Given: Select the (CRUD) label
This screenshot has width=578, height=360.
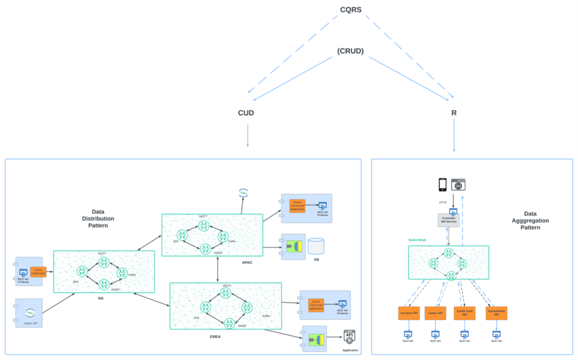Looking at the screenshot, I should click(x=350, y=51).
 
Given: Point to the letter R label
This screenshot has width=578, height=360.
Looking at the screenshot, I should click(x=454, y=112).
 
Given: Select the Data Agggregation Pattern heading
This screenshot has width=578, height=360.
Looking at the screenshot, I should click(x=530, y=220).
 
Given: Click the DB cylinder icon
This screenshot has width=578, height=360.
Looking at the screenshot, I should click(x=316, y=246).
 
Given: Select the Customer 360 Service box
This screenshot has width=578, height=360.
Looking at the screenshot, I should click(x=449, y=220).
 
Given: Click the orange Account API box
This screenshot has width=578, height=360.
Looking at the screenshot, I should click(x=408, y=313).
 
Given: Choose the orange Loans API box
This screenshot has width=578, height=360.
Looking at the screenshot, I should click(x=435, y=313).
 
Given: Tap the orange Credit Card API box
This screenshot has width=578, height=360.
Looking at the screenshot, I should click(x=464, y=313).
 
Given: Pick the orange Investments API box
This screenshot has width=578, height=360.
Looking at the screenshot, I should click(x=496, y=313).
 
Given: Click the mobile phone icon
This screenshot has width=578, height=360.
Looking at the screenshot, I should click(x=442, y=185).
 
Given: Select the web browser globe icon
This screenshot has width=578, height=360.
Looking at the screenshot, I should click(x=459, y=185).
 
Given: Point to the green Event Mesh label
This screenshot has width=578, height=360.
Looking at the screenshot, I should click(x=418, y=239).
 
